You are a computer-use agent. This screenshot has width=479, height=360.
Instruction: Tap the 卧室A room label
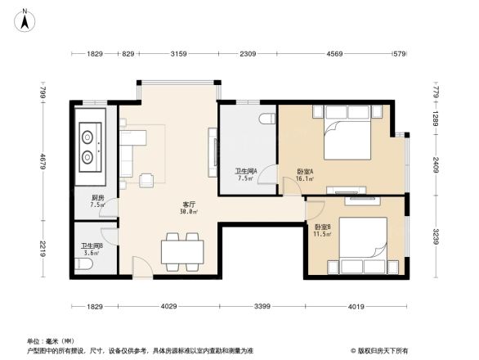304,172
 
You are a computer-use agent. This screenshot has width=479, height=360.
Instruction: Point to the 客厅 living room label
188,204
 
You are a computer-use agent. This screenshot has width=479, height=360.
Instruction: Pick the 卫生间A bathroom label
246,171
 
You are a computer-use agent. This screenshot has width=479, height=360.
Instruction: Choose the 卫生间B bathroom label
91,245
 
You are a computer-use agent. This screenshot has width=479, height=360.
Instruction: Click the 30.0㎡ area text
188,211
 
